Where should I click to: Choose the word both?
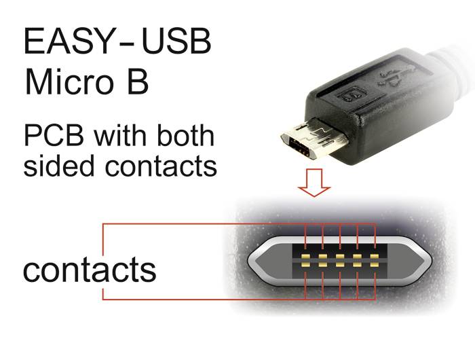(x=186, y=136)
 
